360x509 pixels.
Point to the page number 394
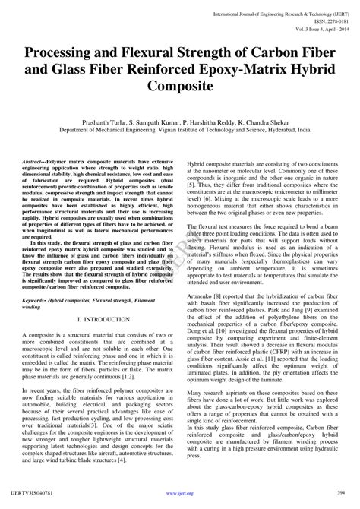click(x=343, y=501)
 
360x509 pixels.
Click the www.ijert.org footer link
click(x=180, y=501)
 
